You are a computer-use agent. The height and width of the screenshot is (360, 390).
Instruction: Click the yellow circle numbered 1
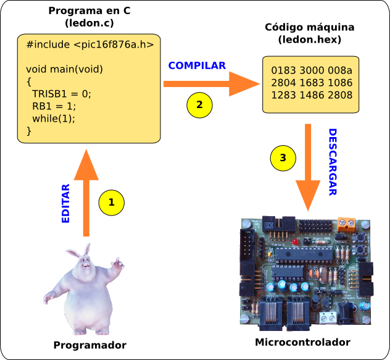coord(112,202)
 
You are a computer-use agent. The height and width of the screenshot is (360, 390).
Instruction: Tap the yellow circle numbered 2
coord(199,105)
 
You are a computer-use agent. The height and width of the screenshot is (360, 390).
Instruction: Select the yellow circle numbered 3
coord(283,157)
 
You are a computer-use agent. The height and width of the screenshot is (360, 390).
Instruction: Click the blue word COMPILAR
coord(197,65)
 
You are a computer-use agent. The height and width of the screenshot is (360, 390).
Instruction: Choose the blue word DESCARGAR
coord(332,162)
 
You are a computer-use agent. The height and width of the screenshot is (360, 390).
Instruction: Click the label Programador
coord(90,345)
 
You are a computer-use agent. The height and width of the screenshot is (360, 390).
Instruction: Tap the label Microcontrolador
coord(302,342)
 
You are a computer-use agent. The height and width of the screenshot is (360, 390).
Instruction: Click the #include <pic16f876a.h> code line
coord(90,45)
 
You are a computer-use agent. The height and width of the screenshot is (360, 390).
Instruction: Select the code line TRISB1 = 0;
coord(61,94)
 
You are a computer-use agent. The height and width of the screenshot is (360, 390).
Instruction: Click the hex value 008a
coord(340,70)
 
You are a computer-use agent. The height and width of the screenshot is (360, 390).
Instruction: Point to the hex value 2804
coord(284,83)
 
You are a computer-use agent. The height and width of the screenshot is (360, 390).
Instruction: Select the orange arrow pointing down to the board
coord(308,173)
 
